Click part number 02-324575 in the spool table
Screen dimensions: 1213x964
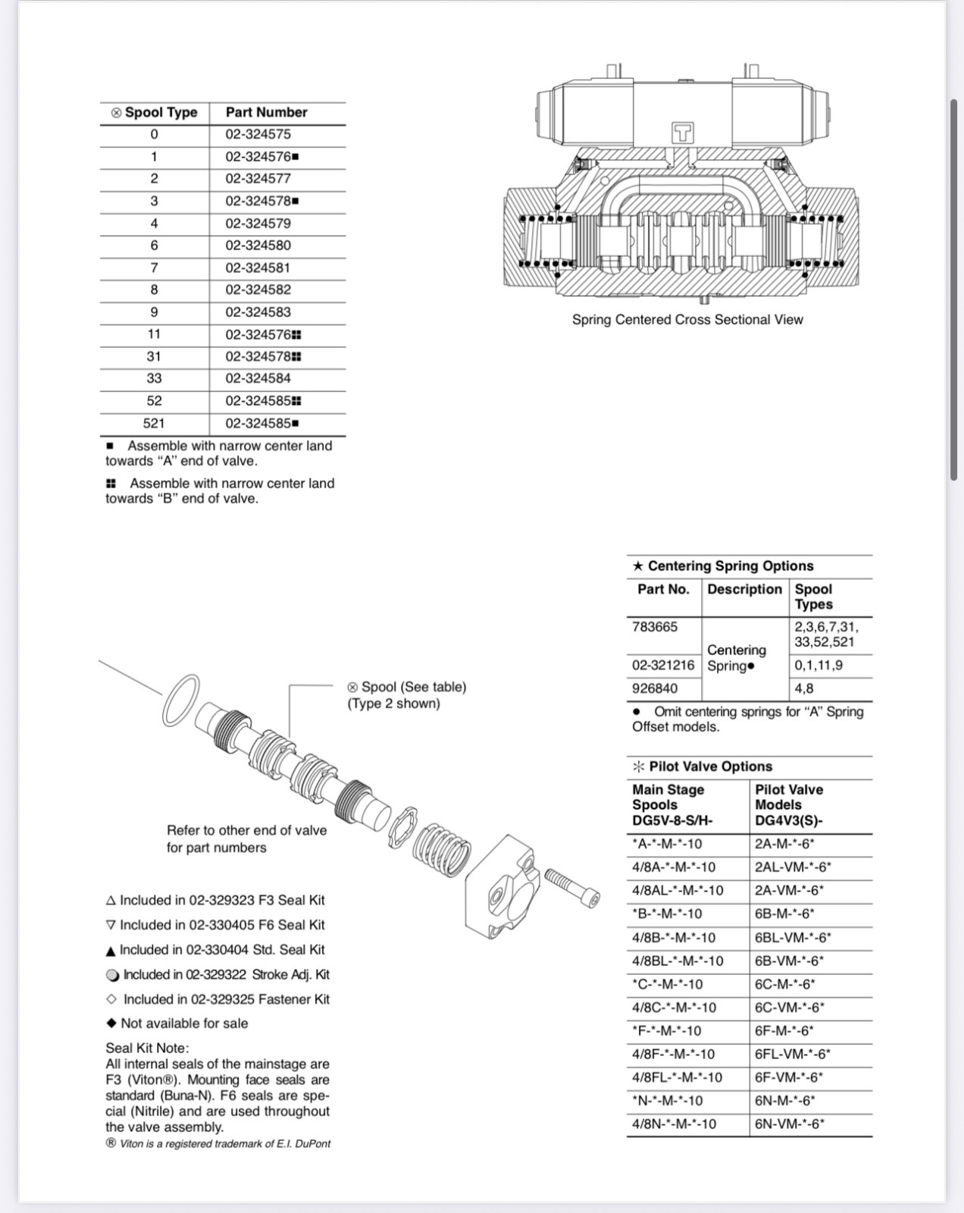258,134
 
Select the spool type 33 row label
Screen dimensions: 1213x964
154,378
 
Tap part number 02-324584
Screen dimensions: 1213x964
258,378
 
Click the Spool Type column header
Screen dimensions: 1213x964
155,112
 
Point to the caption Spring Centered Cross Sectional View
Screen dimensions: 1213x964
687,320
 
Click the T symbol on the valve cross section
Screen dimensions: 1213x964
683,133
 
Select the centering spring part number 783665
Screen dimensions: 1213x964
655,627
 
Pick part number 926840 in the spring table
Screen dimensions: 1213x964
655,688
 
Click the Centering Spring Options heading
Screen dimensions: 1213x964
723,566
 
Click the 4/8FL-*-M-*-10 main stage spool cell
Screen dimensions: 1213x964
678,1077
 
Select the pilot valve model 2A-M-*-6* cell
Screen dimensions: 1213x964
784,844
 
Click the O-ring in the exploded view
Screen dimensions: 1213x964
181,699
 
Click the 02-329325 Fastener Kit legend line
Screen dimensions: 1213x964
219,999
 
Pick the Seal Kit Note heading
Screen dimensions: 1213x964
147,1048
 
